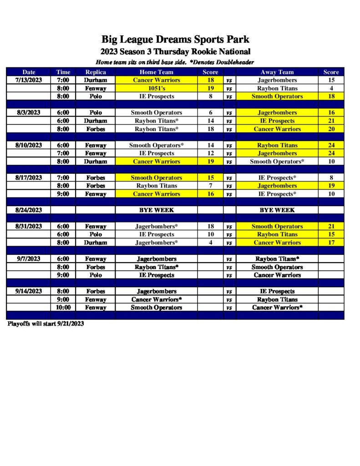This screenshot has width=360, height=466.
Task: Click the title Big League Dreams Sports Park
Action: click(175, 39)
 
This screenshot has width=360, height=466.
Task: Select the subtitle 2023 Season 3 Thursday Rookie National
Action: click(175, 51)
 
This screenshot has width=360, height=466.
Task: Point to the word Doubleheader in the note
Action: click(231, 62)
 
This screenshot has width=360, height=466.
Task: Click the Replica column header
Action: click(96, 72)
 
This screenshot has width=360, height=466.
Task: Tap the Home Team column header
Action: click(156, 72)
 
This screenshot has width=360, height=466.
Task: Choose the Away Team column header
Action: click(277, 72)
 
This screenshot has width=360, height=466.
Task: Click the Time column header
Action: click(63, 72)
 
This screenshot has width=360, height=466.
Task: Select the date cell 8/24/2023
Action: click(29, 210)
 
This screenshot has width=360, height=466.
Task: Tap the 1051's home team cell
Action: click(156, 88)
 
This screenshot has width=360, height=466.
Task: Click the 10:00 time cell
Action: click(63, 308)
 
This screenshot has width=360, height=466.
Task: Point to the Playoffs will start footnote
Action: click(46, 324)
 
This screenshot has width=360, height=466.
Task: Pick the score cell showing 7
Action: click(210, 186)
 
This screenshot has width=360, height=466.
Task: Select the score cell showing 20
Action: click(331, 129)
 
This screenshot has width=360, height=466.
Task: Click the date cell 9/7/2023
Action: click(29, 259)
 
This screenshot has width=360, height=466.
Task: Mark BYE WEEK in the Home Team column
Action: click(156, 210)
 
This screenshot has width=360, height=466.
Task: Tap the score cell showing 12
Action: click(210, 153)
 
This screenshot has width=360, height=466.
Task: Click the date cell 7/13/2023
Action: click(29, 80)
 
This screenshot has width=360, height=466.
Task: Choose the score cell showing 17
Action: click(331, 243)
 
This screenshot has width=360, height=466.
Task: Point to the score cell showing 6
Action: click(210, 113)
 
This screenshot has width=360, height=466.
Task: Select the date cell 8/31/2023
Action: click(29, 227)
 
